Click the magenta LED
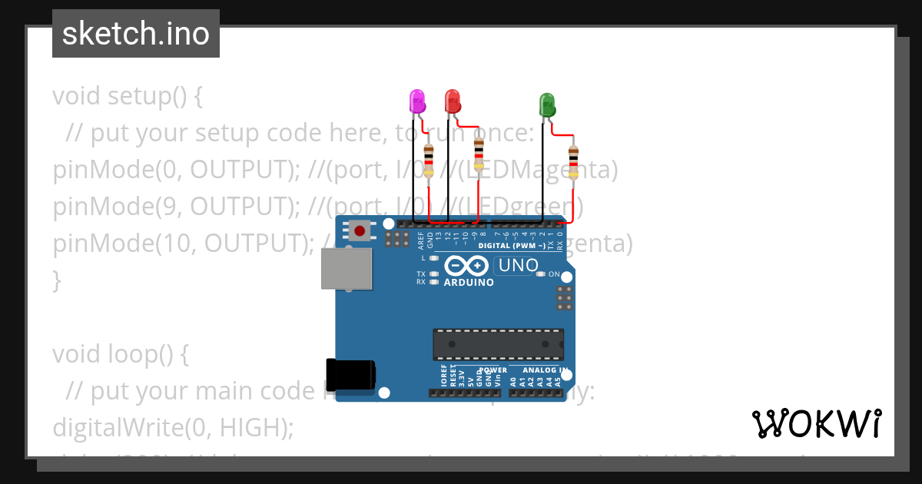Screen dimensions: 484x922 tap(416, 102)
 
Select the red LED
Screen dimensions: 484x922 tap(452, 101)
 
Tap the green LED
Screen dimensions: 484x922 tap(547, 105)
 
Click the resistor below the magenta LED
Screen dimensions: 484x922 tap(429, 160)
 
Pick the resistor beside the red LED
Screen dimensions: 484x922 tap(479, 153)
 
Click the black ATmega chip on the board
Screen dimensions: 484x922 tap(498, 344)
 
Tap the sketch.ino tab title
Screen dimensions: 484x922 tap(136, 34)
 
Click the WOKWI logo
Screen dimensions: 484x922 tap(816, 423)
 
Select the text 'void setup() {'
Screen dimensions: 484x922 tap(128, 97)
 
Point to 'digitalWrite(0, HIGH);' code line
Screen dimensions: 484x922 tap(173, 427)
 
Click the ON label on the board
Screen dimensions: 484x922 tap(553, 274)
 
